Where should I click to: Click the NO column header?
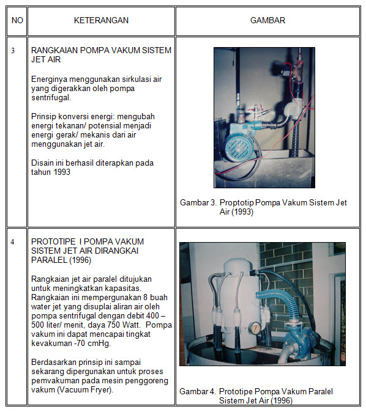pyautogui.click(x=17, y=21)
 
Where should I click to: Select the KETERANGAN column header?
pyautogui.click(x=101, y=21)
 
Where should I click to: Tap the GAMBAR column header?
pyautogui.click(x=267, y=21)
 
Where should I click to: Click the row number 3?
pyautogui.click(x=13, y=51)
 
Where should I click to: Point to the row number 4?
pyautogui.click(x=12, y=241)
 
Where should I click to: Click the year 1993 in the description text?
pyautogui.click(x=62, y=172)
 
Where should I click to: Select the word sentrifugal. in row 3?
pyautogui.click(x=51, y=98)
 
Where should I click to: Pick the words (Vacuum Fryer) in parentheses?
pyautogui.click(x=84, y=389)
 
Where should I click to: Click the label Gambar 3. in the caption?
pyautogui.click(x=198, y=202)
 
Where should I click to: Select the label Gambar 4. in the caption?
pyautogui.click(x=198, y=391)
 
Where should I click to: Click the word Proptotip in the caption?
pyautogui.click(x=236, y=203)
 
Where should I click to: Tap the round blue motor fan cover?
pyautogui.click(x=238, y=149)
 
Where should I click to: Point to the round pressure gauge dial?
pyautogui.click(x=255, y=328)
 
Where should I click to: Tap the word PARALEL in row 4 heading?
pyautogui.click(x=49, y=260)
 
